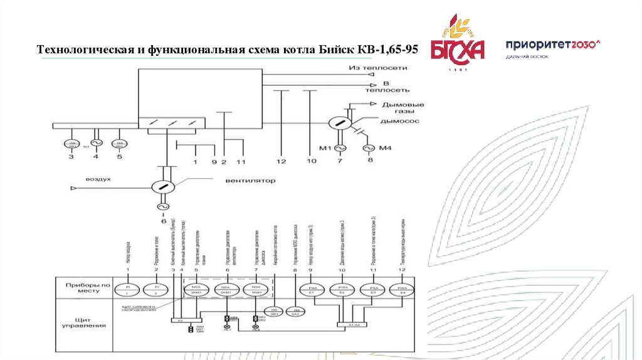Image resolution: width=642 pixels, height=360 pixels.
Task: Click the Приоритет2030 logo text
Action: point(552,45)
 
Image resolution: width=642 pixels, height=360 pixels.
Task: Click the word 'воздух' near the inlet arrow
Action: point(98,179)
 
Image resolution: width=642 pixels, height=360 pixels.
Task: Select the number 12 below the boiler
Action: point(281,162)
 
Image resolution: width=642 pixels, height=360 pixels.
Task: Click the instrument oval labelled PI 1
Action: point(127,289)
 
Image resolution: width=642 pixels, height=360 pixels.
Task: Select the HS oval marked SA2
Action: point(294,311)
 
